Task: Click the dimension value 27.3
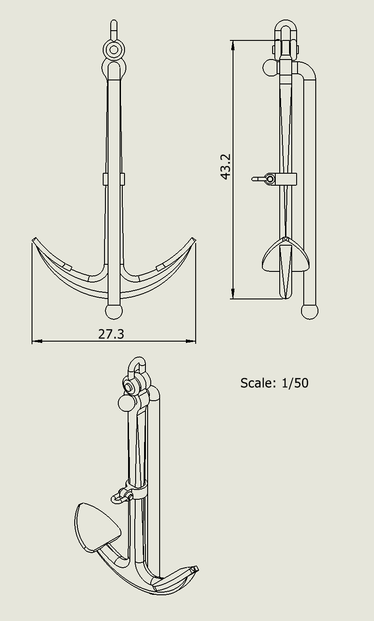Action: [111, 334]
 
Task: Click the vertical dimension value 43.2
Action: [225, 167]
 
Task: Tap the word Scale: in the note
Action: [258, 383]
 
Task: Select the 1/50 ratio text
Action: [295, 383]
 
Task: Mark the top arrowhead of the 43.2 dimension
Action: [233, 45]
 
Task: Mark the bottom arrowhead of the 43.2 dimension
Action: [233, 294]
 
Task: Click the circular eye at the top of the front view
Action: [114, 49]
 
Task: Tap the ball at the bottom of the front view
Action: [114, 311]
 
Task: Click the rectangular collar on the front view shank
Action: [114, 179]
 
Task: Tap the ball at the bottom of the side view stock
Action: [310, 311]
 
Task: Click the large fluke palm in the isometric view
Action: [96, 527]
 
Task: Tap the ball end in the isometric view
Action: [126, 403]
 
